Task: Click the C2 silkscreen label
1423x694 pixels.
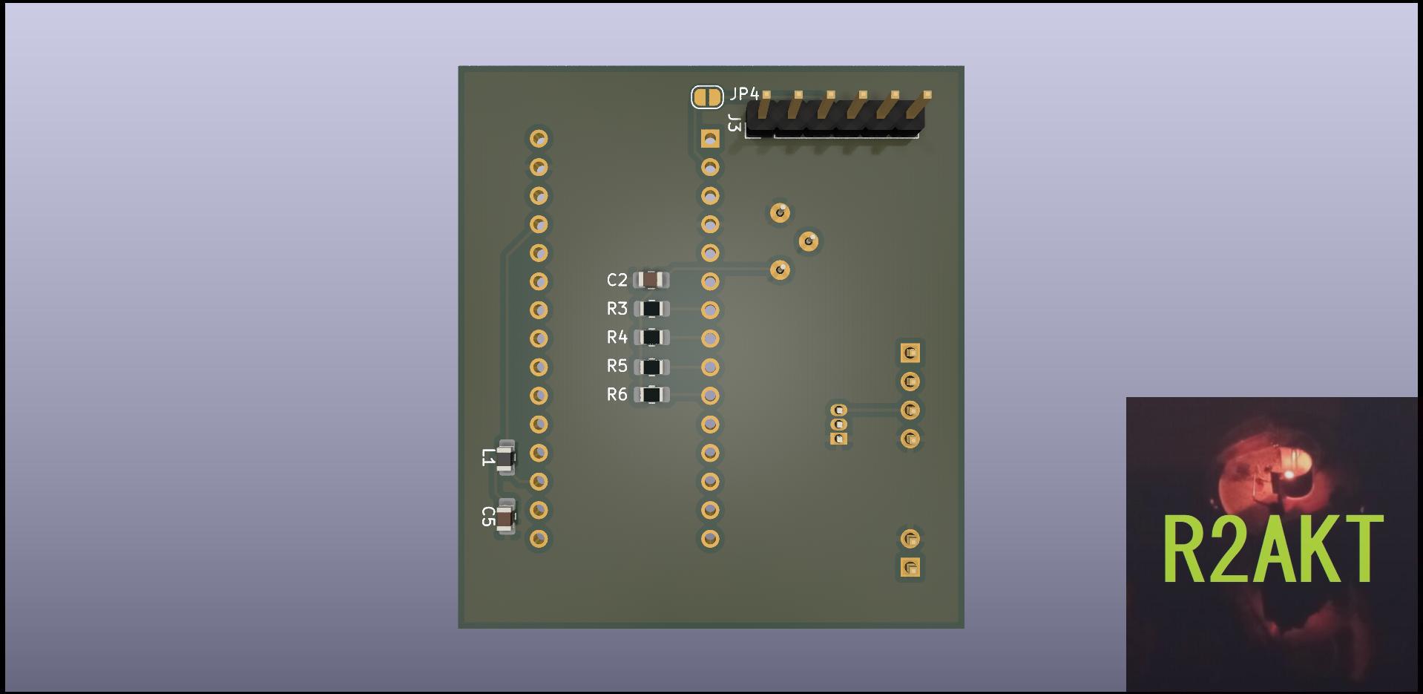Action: [617, 280]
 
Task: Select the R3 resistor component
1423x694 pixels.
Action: [651, 309]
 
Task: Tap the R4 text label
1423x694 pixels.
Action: [617, 338]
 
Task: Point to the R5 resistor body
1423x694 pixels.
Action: [651, 367]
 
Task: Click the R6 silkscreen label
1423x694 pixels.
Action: [617, 395]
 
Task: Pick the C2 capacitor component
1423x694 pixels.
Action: [651, 280]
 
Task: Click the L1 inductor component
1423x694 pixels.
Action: [505, 457]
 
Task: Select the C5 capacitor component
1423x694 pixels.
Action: [505, 517]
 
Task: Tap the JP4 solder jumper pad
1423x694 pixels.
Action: [706, 96]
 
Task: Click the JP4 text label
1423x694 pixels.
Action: [744, 94]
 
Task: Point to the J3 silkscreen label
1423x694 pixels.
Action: [734, 123]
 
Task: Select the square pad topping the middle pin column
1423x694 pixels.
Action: [710, 139]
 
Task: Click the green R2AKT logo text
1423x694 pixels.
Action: [1272, 549]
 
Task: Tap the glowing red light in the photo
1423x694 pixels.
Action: [1289, 474]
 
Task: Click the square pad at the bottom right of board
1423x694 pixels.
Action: [910, 568]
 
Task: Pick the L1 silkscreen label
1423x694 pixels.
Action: [487, 457]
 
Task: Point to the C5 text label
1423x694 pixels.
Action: [487, 517]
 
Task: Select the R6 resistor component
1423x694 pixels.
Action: [651, 395]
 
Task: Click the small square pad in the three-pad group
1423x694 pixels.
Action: [839, 439]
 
